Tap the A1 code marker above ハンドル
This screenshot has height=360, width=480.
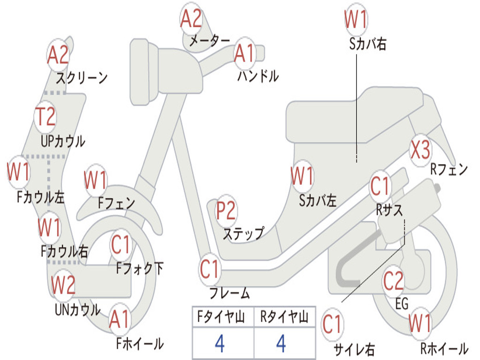pyautogui.click(x=244, y=53)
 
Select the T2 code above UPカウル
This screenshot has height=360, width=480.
pyautogui.click(x=46, y=116)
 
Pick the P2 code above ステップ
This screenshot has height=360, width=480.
pyautogui.click(x=226, y=211)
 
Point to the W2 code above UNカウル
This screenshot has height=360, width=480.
pyautogui.click(x=63, y=285)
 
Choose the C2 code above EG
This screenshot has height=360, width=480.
pyautogui.click(x=393, y=281)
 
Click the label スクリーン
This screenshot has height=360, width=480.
pyautogui.click(x=82, y=77)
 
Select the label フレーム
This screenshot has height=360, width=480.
pyautogui.click(x=229, y=294)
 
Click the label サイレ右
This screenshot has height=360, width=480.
pyautogui.click(x=354, y=349)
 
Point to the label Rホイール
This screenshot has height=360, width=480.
pyautogui.click(x=444, y=349)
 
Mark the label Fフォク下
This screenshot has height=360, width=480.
pyautogui.click(x=140, y=269)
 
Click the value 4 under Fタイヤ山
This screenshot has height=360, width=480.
pyautogui.click(x=219, y=344)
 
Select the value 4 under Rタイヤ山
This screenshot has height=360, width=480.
pyautogui.click(x=281, y=344)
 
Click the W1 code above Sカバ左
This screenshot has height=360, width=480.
pyautogui.click(x=301, y=177)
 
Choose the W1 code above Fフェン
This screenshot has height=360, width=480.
pyautogui.click(x=96, y=180)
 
